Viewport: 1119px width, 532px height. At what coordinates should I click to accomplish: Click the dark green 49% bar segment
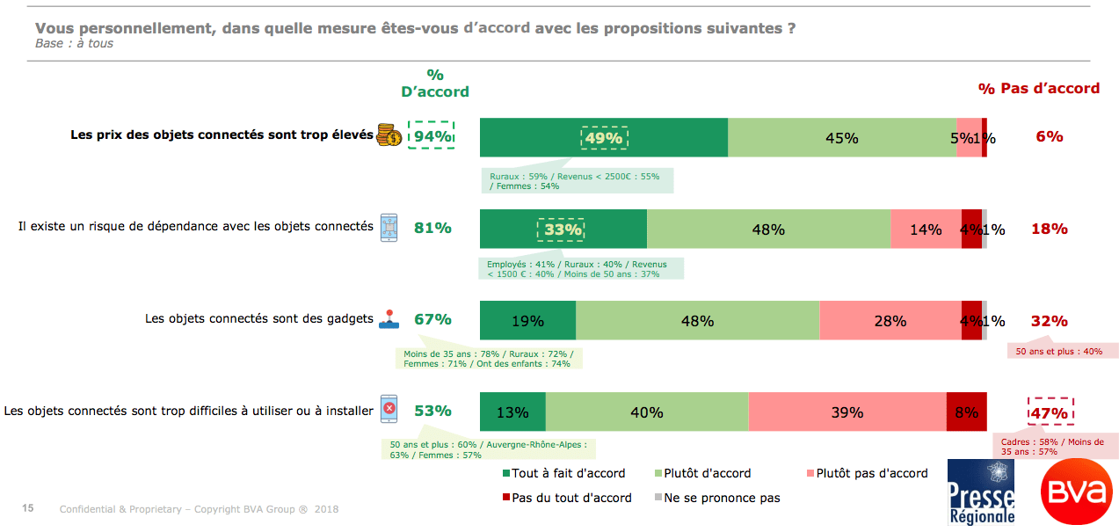pyautogui.click(x=603, y=137)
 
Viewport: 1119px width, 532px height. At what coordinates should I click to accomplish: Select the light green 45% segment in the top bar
pyautogui.click(x=841, y=137)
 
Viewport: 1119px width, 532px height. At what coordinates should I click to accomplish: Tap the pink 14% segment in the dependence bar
pyautogui.click(x=925, y=230)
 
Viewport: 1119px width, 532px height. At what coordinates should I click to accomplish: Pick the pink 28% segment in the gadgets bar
pyautogui.click(x=890, y=321)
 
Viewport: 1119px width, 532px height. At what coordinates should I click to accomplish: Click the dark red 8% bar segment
pyautogui.click(x=966, y=412)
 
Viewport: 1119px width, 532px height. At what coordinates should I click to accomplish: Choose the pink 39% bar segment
pyautogui.click(x=847, y=412)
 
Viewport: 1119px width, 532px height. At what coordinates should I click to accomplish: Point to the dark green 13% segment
pyautogui.click(x=512, y=412)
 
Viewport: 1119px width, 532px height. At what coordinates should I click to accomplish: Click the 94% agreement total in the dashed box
pyautogui.click(x=432, y=136)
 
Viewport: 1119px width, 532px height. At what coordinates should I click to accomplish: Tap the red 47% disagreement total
pyautogui.click(x=1050, y=413)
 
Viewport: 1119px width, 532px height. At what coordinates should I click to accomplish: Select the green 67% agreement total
pyautogui.click(x=432, y=319)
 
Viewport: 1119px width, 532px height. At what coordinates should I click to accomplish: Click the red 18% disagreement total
pyautogui.click(x=1049, y=229)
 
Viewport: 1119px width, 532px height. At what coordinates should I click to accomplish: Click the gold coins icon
pyautogui.click(x=389, y=135)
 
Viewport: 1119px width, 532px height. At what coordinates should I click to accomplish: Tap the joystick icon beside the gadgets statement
pyautogui.click(x=389, y=320)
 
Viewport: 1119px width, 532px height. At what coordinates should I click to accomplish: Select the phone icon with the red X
pyautogui.click(x=389, y=410)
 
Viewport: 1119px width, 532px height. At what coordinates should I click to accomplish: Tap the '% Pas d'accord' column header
pyautogui.click(x=1038, y=88)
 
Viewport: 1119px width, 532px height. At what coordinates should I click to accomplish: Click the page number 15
pyautogui.click(x=28, y=508)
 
